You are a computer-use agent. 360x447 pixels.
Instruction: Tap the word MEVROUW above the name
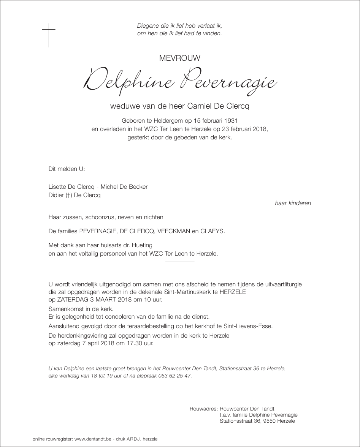point(180,58)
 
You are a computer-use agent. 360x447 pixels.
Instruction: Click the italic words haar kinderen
point(293,203)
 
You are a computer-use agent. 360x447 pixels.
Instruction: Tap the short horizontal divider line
point(180,262)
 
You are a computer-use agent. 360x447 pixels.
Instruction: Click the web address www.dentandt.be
point(93,439)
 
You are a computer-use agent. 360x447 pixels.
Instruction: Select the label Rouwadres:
point(203,409)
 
